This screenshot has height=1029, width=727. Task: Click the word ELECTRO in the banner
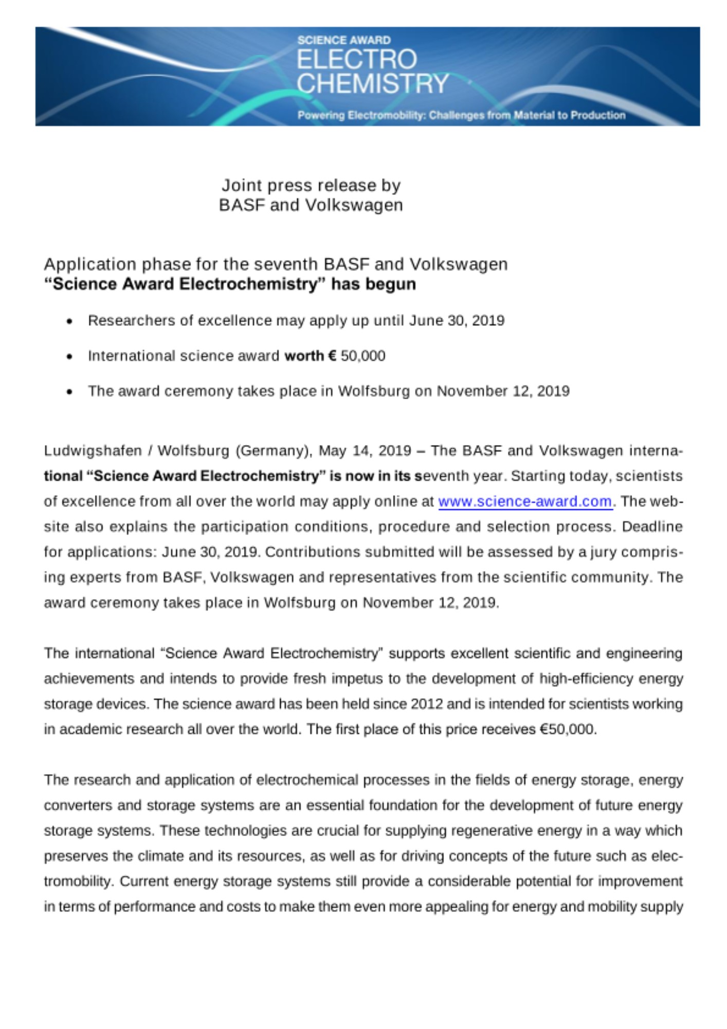coord(357,59)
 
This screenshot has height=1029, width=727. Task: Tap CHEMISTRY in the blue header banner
coord(373,83)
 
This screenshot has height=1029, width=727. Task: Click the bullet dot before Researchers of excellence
coord(69,322)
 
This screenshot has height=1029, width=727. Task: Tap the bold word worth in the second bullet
coord(304,356)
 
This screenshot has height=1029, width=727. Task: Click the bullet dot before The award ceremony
coord(69,392)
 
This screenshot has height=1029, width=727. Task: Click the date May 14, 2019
coord(365,451)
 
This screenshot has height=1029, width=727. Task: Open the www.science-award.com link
coord(525,502)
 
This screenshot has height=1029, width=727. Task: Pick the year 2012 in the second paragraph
coord(427,704)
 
